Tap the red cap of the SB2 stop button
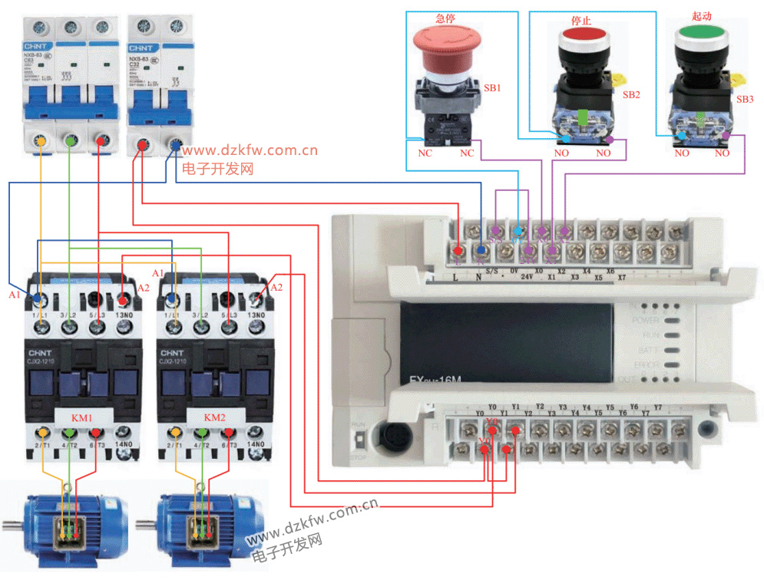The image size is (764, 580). pos(584,35)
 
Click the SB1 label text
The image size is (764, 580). pos(492,88)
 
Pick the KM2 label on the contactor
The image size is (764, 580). pos(215,417)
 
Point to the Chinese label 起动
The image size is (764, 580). pos(702,16)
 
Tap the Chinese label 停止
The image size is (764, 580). pos(580,20)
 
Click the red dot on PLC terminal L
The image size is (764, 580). pos(458,250)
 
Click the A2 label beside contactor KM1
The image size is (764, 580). pos(144,288)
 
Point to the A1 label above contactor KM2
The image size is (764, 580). pos(158,273)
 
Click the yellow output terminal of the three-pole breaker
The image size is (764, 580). pos(42,141)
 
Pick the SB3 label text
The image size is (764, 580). pos(745,100)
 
